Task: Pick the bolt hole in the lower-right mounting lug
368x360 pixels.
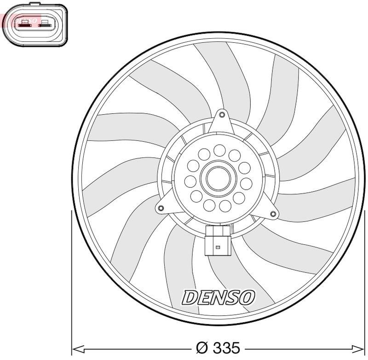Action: [x=273, y=213]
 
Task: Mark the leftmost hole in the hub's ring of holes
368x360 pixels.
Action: [x=190, y=181]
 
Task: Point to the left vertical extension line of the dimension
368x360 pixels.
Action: [x=71, y=276]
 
